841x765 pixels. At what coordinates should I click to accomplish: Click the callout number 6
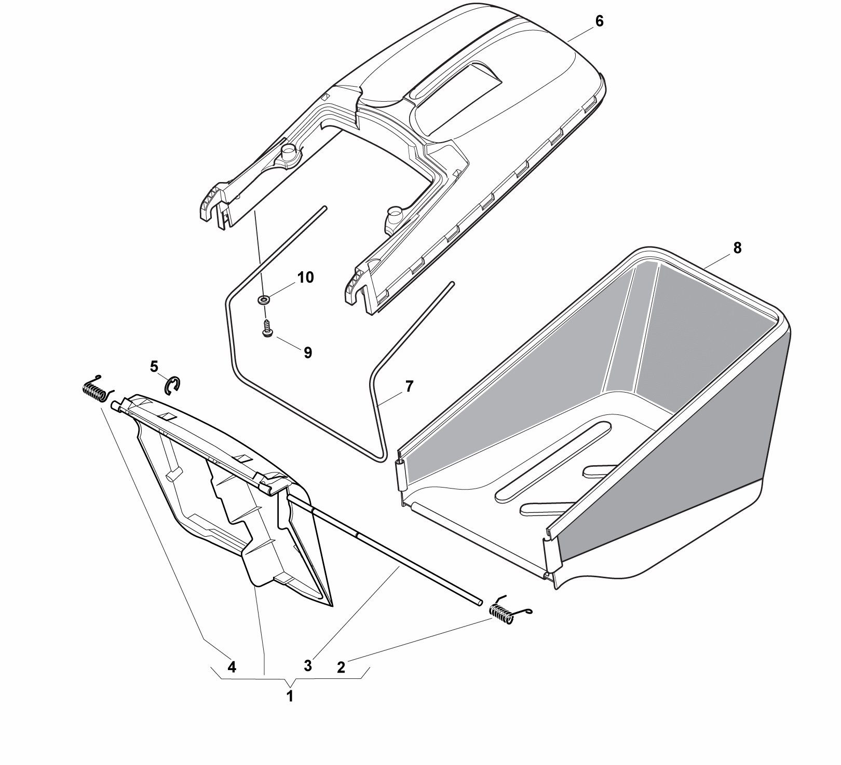599,22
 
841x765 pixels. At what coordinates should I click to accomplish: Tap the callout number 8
738,248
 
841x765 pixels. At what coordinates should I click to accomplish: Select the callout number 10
305,277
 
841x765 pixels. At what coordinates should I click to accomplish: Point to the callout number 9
307,353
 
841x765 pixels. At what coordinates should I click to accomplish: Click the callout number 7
409,386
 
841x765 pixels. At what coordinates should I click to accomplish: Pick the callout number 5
154,366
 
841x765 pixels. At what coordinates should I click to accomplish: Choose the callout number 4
232,667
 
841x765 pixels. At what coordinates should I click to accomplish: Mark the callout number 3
308,666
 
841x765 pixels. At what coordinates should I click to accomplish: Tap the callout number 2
341,667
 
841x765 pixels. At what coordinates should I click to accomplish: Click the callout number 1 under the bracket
290,696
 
